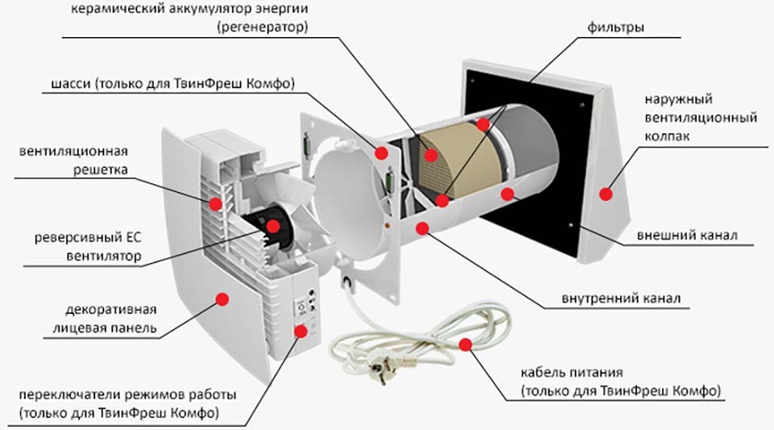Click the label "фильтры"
(x=616, y=27)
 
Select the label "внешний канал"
(x=685, y=236)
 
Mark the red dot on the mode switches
(x=301, y=329)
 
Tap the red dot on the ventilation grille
(x=215, y=203)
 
